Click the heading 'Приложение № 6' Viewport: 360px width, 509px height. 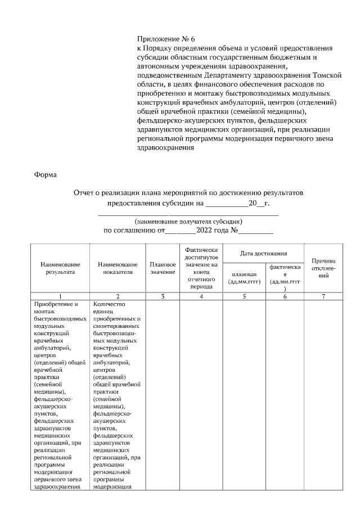click(x=165, y=39)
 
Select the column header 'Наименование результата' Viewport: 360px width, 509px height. click(x=60, y=268)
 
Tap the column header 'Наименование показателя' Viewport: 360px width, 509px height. click(x=117, y=268)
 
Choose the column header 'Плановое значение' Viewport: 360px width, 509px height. click(x=163, y=268)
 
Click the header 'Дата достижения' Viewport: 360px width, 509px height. click(x=263, y=254)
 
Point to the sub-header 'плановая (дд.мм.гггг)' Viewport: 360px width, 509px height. click(x=243, y=278)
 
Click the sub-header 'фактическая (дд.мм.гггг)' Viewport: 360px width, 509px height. click(x=285, y=278)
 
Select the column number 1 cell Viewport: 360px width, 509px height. click(x=60, y=296)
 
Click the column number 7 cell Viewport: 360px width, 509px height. click(x=323, y=296)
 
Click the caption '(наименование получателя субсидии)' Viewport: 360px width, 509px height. click(x=188, y=222)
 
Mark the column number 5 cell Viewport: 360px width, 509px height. click(x=243, y=296)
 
